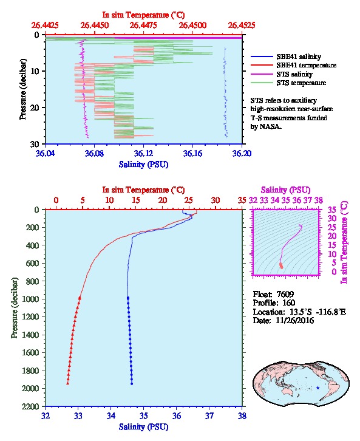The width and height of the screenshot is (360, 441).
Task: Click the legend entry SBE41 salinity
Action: (x=299, y=56)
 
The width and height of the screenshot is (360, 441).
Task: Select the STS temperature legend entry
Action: (x=301, y=83)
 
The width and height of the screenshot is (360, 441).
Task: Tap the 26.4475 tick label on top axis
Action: (x=143, y=26)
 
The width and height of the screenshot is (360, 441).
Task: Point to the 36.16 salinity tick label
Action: (x=192, y=154)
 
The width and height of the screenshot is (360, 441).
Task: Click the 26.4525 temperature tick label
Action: (x=242, y=26)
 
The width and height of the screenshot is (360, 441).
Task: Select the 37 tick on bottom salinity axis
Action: (x=209, y=415)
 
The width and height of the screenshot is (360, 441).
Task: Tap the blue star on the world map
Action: (x=318, y=388)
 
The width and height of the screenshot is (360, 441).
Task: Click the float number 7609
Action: (x=285, y=295)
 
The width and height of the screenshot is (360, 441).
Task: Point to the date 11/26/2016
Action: (x=295, y=321)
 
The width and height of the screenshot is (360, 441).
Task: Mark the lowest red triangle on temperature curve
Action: (x=68, y=383)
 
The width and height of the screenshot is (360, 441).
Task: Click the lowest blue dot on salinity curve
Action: (x=132, y=383)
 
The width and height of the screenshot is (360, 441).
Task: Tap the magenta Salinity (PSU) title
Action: (x=285, y=190)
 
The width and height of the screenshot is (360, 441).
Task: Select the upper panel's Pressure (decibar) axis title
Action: (x=22, y=89)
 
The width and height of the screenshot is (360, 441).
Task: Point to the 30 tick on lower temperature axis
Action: (x=216, y=200)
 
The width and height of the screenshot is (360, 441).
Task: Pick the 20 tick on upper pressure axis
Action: (x=35, y=108)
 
